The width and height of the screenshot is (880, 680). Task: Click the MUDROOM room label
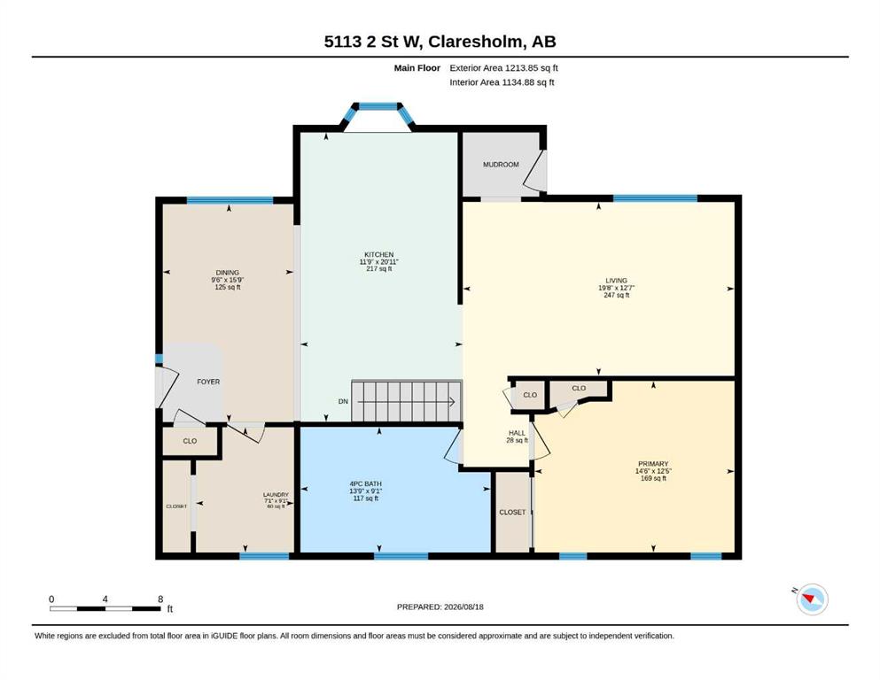(x=501, y=165)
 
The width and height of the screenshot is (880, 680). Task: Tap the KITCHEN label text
(x=378, y=254)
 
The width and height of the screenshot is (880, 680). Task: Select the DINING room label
(x=227, y=273)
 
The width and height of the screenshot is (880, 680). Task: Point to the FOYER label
(x=208, y=382)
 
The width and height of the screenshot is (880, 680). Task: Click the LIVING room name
(x=616, y=281)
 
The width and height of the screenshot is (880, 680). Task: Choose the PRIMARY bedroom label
(x=653, y=464)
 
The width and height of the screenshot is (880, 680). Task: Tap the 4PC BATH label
(x=365, y=483)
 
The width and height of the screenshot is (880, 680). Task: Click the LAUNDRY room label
(x=276, y=495)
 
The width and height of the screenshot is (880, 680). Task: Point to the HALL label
(x=517, y=433)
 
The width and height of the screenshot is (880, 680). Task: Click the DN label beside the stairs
(x=343, y=401)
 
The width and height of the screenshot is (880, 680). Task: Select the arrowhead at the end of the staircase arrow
(x=451, y=401)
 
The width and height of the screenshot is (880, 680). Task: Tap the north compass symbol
(x=811, y=599)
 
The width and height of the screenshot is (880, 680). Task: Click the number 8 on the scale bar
(x=160, y=599)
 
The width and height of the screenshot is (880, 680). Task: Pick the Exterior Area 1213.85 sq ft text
(x=503, y=68)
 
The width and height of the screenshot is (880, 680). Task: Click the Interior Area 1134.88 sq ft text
(x=502, y=82)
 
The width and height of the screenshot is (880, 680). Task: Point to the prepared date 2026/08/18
(x=463, y=607)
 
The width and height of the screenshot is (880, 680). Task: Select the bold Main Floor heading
(x=417, y=68)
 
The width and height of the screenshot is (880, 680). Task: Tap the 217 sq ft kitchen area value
(x=378, y=269)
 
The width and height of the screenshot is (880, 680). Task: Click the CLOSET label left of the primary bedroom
(x=512, y=513)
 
